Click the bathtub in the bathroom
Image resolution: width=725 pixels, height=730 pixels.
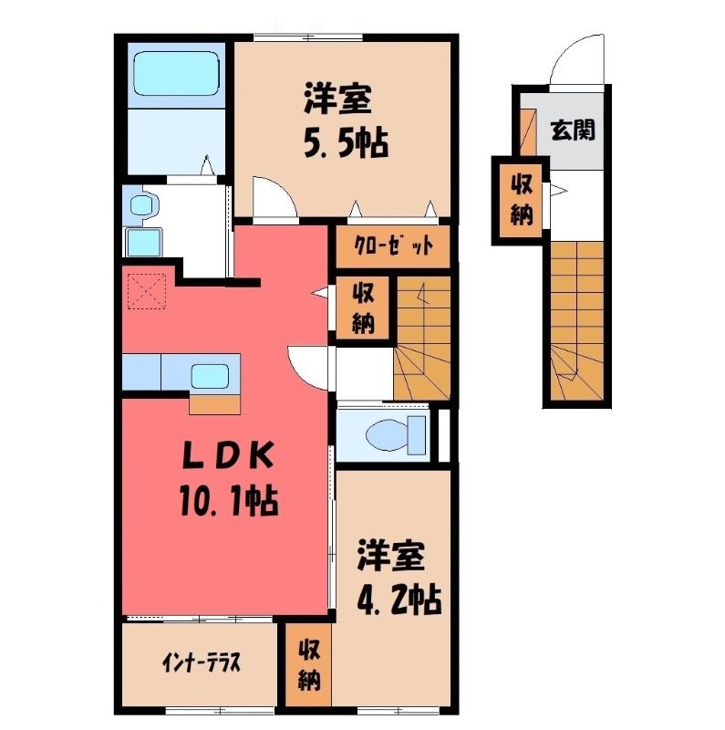176,74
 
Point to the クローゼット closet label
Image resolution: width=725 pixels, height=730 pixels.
392,245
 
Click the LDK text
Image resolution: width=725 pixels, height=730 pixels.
227,455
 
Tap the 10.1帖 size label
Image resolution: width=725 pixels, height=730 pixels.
229,502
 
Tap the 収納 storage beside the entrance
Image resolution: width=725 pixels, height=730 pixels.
522,201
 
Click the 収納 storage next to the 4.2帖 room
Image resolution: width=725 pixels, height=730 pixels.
309,665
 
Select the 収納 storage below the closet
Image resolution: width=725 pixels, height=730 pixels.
363,308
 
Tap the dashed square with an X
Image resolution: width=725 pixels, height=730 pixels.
147,291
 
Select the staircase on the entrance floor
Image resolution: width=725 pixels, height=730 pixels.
576,321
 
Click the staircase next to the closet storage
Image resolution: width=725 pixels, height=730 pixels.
422,338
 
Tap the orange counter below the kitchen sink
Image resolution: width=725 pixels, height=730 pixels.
214,404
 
